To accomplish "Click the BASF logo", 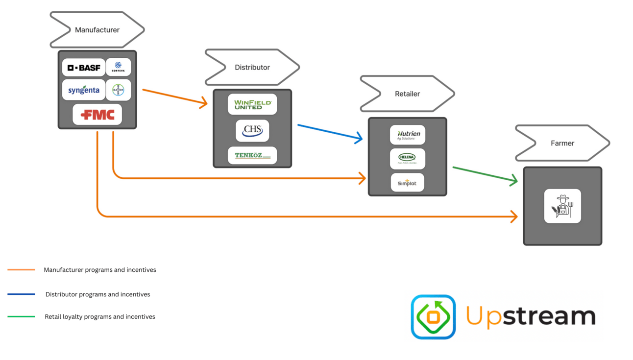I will pyautogui.click(x=84, y=68).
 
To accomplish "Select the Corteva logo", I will pyautogui.click(x=118, y=67).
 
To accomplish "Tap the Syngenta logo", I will pyautogui.click(x=84, y=90).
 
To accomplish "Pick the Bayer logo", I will pyautogui.click(x=118, y=90).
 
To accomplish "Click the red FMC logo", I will pyautogui.click(x=97, y=115).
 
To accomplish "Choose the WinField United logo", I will pyautogui.click(x=252, y=104).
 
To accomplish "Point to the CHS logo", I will pyautogui.click(x=252, y=131).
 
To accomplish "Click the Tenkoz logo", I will pyautogui.click(x=252, y=156).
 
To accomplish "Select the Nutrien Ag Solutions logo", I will pyautogui.click(x=408, y=135).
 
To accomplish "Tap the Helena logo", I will pyautogui.click(x=407, y=159).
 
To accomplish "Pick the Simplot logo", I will pyautogui.click(x=407, y=183).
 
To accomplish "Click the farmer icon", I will pyautogui.click(x=562, y=206).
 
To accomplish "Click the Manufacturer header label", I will pyautogui.click(x=97, y=30).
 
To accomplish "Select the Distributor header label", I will pyautogui.click(x=252, y=67).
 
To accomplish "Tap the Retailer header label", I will pyautogui.click(x=407, y=94).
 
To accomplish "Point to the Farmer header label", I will pyautogui.click(x=562, y=143).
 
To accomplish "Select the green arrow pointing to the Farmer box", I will pyautogui.click(x=485, y=174).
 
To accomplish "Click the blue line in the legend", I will pyautogui.click(x=21, y=294).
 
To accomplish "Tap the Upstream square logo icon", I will pyautogui.click(x=433, y=317).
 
